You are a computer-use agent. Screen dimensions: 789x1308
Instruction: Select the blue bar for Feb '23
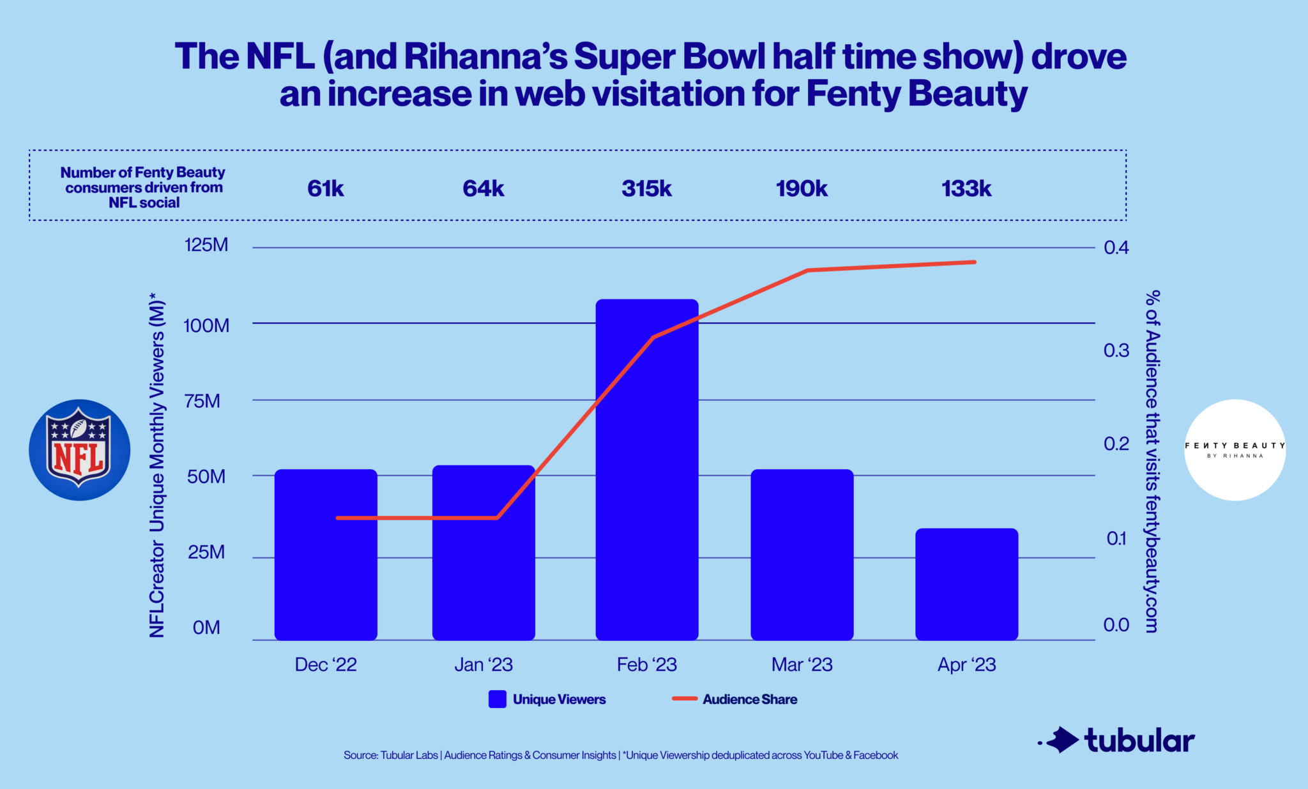pyautogui.click(x=646, y=469)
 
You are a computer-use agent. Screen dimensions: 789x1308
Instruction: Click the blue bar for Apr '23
pyautogui.click(x=966, y=583)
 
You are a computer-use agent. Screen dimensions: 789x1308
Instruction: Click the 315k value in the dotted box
pyautogui.click(x=646, y=188)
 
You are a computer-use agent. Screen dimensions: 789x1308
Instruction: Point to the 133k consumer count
pyautogui.click(x=966, y=188)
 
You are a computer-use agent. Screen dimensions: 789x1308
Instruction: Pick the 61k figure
pyautogui.click(x=326, y=188)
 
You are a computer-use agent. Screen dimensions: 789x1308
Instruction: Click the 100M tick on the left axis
pyautogui.click(x=206, y=326)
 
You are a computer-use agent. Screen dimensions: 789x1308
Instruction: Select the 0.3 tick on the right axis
pyautogui.click(x=1116, y=350)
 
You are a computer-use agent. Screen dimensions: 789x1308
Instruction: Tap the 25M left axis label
pyautogui.click(x=206, y=552)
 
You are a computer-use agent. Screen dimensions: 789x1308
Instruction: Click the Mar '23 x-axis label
pyautogui.click(x=802, y=665)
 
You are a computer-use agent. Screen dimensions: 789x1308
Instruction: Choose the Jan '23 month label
pyautogui.click(x=483, y=665)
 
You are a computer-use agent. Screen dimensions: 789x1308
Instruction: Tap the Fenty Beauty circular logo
pyautogui.click(x=1235, y=450)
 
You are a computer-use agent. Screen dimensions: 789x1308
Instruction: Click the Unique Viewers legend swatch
pyautogui.click(x=498, y=699)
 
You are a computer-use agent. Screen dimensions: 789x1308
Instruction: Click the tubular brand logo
pyautogui.click(x=1118, y=740)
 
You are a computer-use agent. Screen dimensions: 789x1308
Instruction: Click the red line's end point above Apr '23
pyautogui.click(x=974, y=262)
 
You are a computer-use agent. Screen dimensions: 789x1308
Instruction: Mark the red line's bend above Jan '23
pyautogui.click(x=497, y=518)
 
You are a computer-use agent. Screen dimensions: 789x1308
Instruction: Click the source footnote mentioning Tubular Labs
pyautogui.click(x=620, y=755)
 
